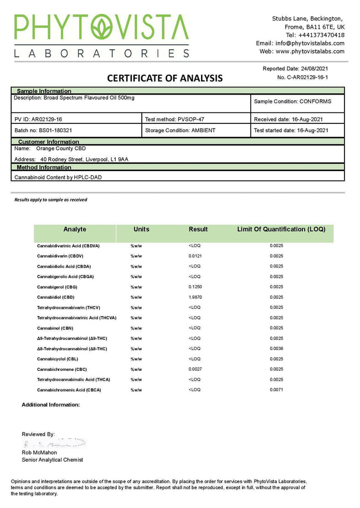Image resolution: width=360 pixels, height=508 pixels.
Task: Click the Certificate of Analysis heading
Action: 164,78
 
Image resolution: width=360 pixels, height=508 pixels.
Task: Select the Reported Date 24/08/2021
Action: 304,69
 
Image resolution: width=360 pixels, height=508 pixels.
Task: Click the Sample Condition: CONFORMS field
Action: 292,102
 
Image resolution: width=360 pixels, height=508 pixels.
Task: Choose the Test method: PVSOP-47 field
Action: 171,119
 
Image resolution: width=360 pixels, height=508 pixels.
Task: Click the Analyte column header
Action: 75,229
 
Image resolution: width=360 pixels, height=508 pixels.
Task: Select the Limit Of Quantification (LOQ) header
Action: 281,229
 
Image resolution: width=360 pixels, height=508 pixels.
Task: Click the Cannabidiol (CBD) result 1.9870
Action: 195,297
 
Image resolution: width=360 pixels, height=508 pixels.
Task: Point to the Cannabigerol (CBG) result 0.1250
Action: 195,287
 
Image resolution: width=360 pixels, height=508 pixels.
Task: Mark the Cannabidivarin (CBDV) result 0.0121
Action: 195,256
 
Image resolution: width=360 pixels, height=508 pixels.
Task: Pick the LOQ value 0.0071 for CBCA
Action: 277,390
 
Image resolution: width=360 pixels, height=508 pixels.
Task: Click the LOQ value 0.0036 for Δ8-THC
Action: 277,349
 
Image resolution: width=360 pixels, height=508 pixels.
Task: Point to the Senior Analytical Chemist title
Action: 53,460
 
